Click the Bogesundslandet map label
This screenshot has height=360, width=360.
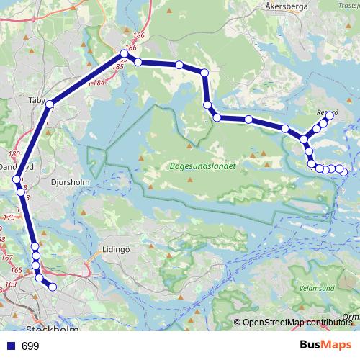coord(202,166)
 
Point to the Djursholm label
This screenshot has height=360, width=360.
coord(71,182)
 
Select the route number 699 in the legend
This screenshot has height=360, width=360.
coord(30,346)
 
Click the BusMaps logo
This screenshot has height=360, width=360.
coord(325,346)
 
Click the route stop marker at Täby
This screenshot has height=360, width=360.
coord(50,105)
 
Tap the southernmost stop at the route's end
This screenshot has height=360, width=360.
coord(52,287)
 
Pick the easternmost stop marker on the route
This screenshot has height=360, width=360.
coord(344,171)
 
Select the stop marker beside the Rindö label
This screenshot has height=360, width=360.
coord(330,115)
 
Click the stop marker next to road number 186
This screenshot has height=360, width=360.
coord(125,55)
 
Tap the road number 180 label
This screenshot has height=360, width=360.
coord(13,154)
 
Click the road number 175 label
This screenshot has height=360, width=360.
coord(9,217)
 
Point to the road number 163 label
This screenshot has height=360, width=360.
coord(10,285)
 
